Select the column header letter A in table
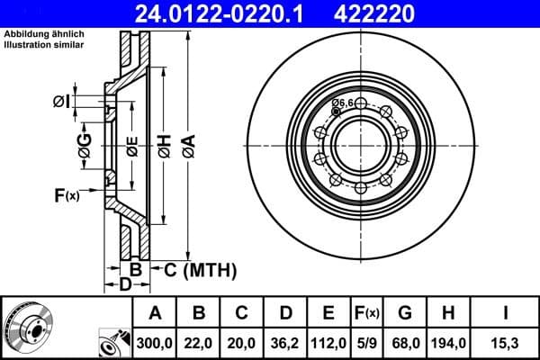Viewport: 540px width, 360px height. (155, 312)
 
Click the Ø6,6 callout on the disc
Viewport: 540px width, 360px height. (342, 104)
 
